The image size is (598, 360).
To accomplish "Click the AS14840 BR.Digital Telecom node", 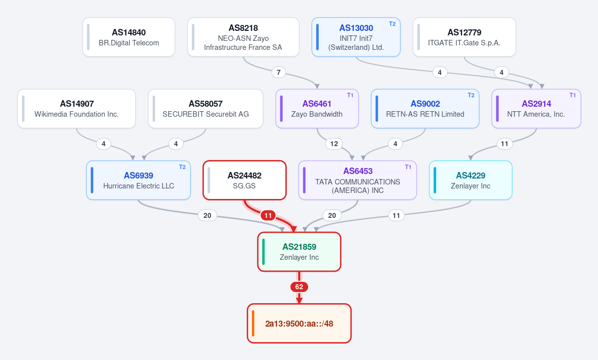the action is (129, 37).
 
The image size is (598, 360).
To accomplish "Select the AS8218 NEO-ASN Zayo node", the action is (243, 37).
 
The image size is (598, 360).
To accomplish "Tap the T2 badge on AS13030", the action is (392, 24).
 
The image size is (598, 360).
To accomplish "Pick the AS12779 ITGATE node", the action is (464, 37).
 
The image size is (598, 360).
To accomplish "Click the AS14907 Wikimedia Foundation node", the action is (77, 109).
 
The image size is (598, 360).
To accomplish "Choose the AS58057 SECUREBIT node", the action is (205, 109).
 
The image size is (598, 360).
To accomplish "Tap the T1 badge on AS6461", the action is (350, 95).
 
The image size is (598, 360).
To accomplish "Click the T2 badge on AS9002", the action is (471, 95).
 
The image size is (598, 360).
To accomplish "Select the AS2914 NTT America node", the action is (536, 109).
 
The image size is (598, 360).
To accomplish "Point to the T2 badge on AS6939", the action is (183, 167).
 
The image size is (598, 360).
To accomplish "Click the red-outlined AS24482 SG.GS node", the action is (244, 180).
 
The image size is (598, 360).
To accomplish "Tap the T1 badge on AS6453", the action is (408, 167).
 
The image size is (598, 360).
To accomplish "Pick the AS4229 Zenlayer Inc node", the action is (471, 180).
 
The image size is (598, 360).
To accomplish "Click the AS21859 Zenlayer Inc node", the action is (299, 252).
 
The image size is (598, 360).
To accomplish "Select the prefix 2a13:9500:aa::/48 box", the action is (299, 324).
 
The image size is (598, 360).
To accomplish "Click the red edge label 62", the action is (299, 287).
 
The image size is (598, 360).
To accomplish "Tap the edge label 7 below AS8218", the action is (278, 72).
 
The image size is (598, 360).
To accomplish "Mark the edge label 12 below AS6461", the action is (334, 144).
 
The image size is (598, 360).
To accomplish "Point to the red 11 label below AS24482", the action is (268, 215).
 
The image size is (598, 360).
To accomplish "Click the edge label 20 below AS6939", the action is (207, 215).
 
